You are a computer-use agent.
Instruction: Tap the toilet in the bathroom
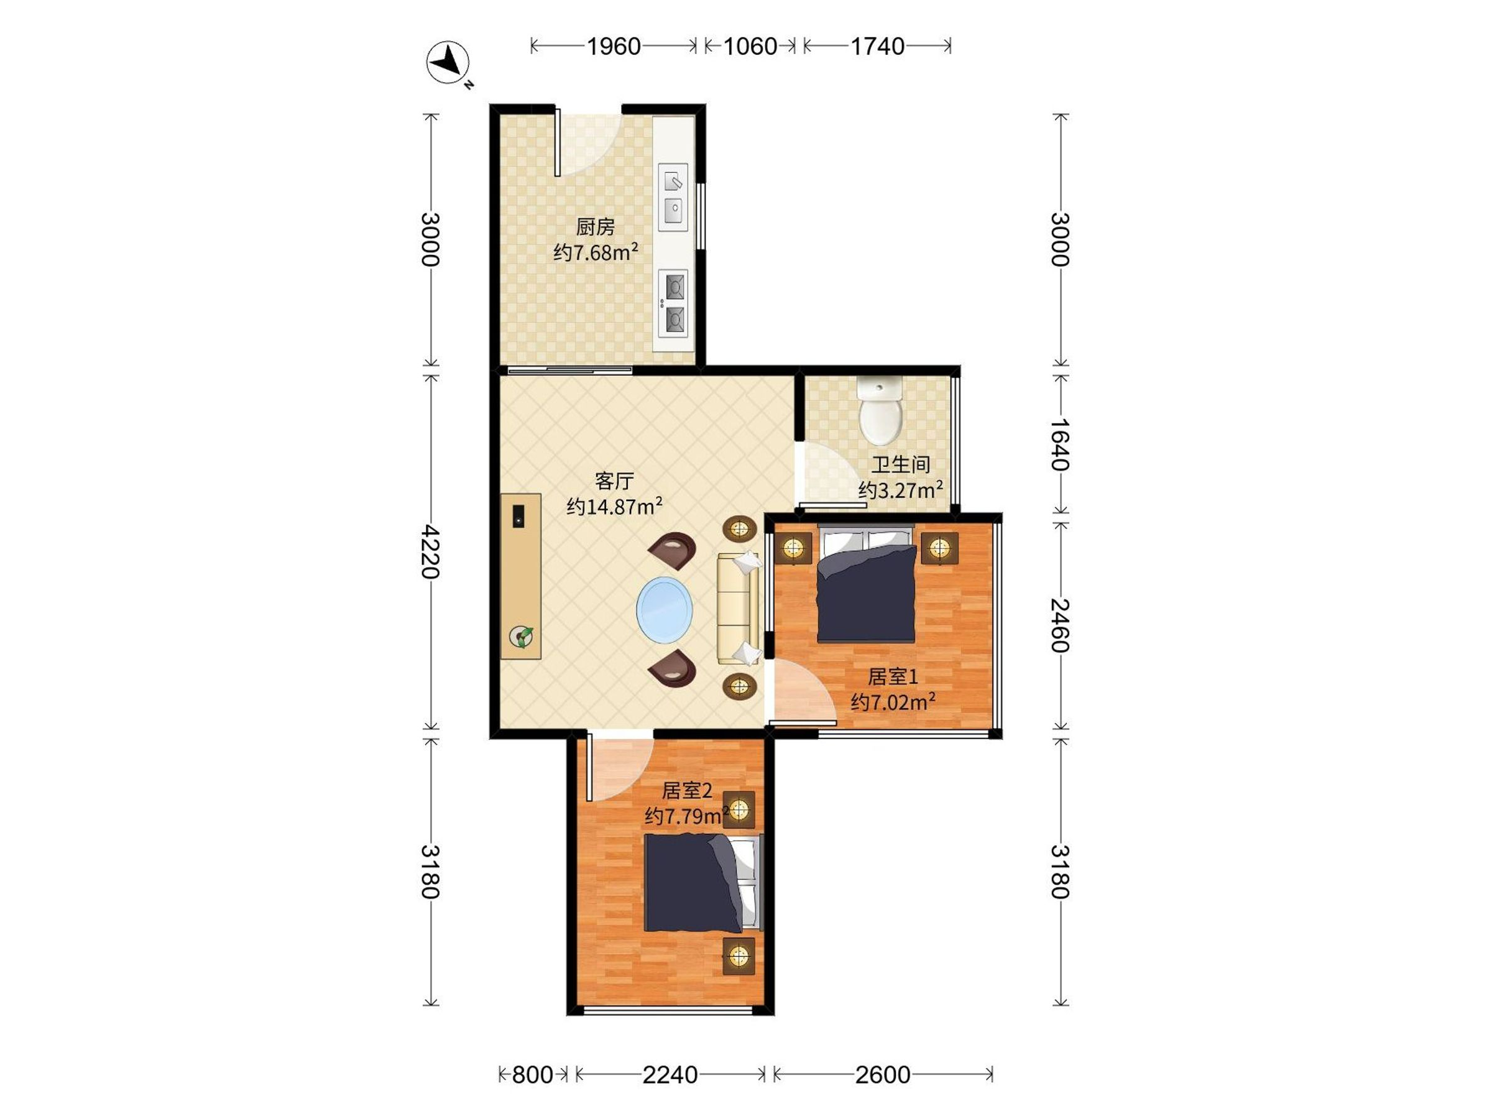880,410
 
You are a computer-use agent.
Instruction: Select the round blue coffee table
665,610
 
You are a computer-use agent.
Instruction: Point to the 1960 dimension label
613,47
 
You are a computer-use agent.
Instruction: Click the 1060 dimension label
750,47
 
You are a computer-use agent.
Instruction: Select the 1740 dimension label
877,47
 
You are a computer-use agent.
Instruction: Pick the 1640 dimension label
1060,444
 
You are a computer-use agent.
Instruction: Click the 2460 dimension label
1060,625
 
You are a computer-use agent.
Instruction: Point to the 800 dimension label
532,1074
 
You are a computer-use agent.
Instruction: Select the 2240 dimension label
670,1074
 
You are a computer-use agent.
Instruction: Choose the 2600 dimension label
883,1074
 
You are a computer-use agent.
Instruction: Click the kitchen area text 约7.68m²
596,252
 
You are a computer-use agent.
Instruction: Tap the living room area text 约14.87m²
614,506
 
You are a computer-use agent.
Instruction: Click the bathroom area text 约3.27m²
900,489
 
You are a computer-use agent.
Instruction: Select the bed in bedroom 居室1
867,584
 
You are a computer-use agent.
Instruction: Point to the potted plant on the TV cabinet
522,636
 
